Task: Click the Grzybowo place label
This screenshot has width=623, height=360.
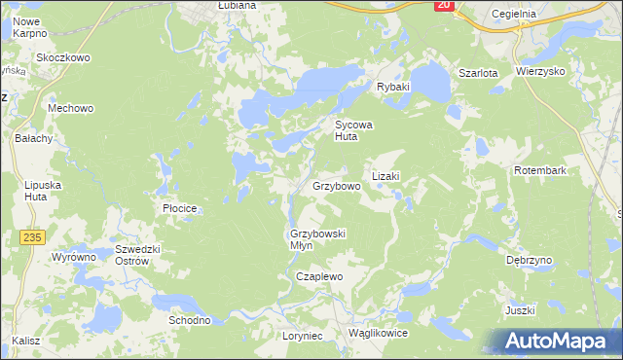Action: [x=337, y=185]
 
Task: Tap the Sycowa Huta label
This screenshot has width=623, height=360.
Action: [x=354, y=131]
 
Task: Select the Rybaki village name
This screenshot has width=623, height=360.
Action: [x=393, y=87]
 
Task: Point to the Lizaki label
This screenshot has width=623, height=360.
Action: [x=385, y=177]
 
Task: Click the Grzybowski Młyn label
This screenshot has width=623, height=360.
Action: [x=318, y=239]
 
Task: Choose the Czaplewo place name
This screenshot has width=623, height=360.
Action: [x=320, y=276]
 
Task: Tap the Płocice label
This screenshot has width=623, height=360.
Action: [x=180, y=208]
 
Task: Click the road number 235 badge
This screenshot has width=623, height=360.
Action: [x=32, y=236]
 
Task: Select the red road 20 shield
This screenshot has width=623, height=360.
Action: [x=444, y=5]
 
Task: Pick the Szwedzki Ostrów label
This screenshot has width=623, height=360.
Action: [x=130, y=255]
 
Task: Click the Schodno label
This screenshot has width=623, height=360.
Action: [x=190, y=320]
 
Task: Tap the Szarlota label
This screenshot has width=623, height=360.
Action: [x=478, y=73]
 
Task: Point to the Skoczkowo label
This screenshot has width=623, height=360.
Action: [x=63, y=57]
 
